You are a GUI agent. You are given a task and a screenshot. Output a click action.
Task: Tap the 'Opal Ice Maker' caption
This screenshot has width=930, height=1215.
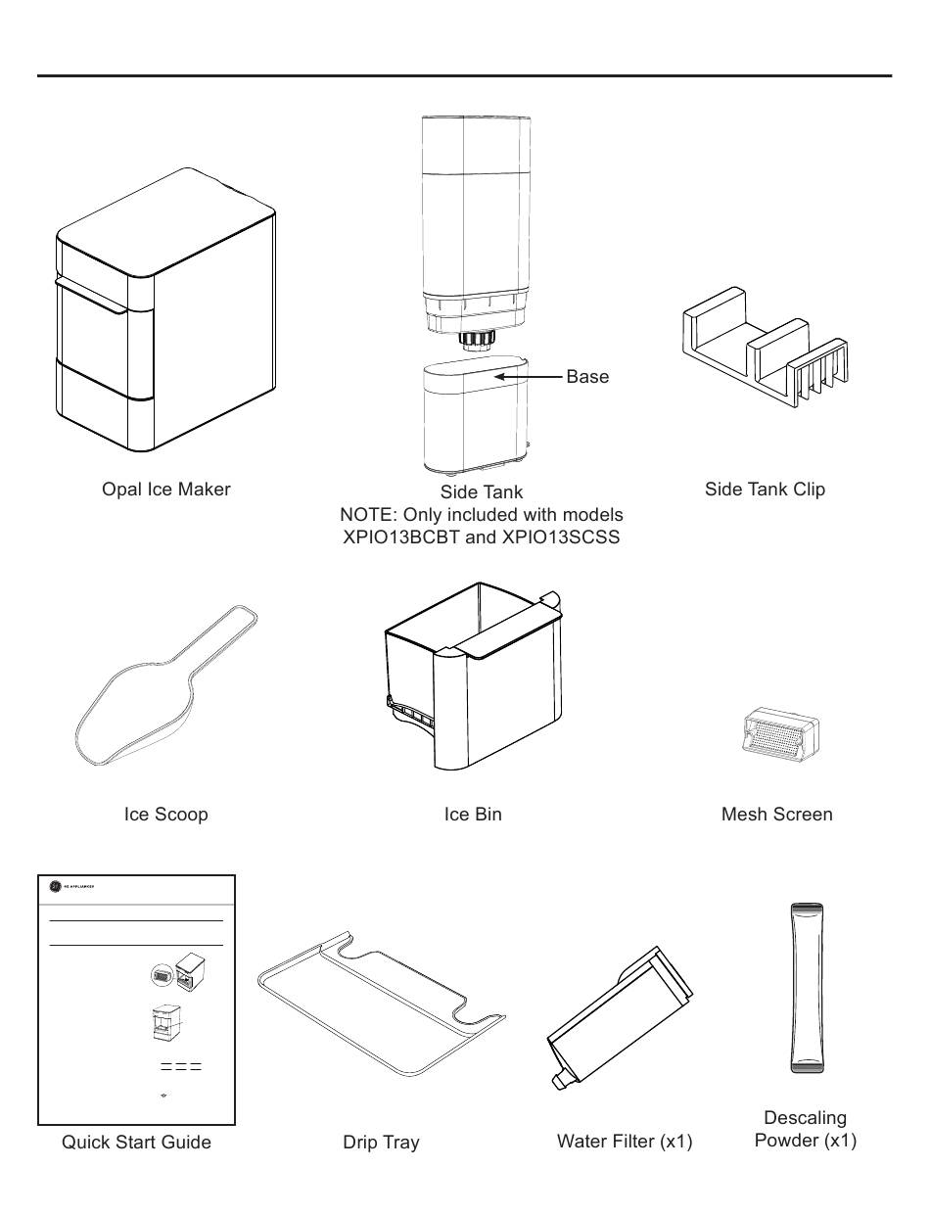(x=165, y=490)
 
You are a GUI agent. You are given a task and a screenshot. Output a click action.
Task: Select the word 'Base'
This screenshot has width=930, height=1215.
(x=587, y=377)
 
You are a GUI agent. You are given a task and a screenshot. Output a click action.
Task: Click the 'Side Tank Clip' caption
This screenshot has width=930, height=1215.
(x=765, y=490)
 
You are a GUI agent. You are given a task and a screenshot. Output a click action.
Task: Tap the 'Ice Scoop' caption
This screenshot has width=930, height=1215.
(x=165, y=815)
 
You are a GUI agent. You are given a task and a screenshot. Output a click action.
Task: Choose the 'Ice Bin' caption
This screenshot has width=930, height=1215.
(x=473, y=815)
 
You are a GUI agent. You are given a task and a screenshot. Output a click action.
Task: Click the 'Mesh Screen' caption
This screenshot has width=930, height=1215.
(x=776, y=815)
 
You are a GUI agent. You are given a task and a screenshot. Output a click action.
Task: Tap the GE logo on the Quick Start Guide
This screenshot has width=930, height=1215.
(x=55, y=887)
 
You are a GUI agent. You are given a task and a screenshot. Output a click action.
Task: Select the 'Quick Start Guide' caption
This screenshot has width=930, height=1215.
(x=136, y=1143)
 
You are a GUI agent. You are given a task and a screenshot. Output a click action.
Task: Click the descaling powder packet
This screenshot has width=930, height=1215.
(x=806, y=988)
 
